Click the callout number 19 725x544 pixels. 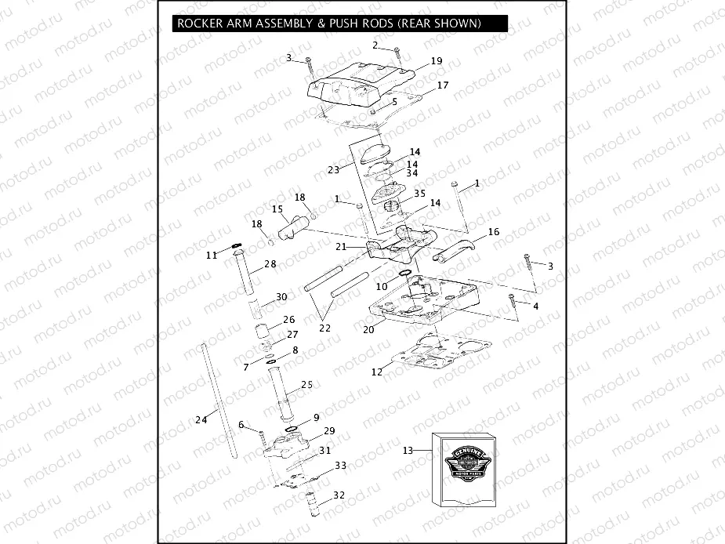[x=437, y=61]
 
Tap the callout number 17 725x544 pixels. [x=442, y=85]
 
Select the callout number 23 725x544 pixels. [x=333, y=169]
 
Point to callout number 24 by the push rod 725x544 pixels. [x=201, y=420]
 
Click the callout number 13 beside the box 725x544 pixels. [x=407, y=450]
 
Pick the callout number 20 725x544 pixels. [x=368, y=330]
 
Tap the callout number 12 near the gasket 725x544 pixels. [x=377, y=372]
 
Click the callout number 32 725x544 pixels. [x=339, y=495]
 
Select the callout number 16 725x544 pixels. [x=493, y=232]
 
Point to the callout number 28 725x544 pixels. [x=270, y=265]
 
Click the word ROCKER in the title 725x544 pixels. [x=201, y=24]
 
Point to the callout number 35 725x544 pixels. [x=419, y=192]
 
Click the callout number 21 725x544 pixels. [x=341, y=246]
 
